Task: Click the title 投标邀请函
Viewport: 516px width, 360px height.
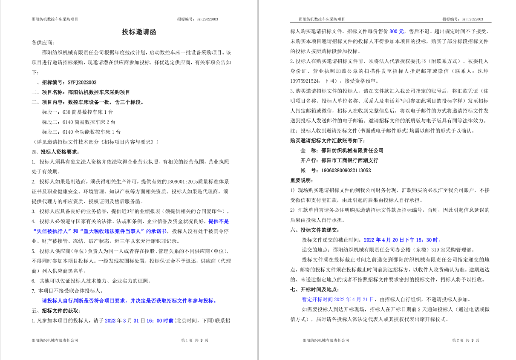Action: [x=139, y=32]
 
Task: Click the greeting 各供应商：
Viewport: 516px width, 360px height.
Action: [x=43, y=43]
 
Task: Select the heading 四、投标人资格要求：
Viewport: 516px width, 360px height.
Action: [x=55, y=152]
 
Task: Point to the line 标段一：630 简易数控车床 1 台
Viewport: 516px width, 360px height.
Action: [x=78, y=112]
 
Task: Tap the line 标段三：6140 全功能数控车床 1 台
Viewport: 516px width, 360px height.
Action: [x=81, y=132]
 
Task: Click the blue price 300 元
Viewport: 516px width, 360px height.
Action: [x=396, y=32]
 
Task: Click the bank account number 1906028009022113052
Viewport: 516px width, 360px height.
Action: [x=346, y=170]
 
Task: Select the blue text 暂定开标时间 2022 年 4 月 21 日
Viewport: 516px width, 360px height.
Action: [x=338, y=300]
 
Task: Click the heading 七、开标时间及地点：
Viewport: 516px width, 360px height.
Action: [x=314, y=290]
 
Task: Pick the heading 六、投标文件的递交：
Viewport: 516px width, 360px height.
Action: [x=314, y=230]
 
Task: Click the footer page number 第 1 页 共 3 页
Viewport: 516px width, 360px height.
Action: [x=195, y=340]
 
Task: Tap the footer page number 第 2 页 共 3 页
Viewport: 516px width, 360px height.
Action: [x=465, y=340]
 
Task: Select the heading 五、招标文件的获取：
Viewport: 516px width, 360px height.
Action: [x=55, y=311]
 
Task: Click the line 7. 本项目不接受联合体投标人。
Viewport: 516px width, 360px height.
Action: [x=67, y=291]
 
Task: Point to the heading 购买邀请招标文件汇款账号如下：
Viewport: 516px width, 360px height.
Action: [x=328, y=141]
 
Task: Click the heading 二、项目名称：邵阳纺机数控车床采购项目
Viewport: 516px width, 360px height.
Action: [x=81, y=92]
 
